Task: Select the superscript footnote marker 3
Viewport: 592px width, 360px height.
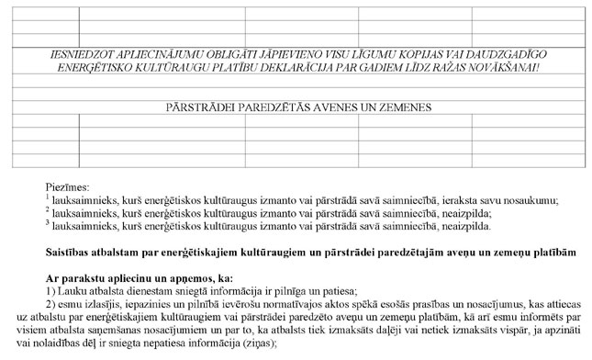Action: coord(47,221)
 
